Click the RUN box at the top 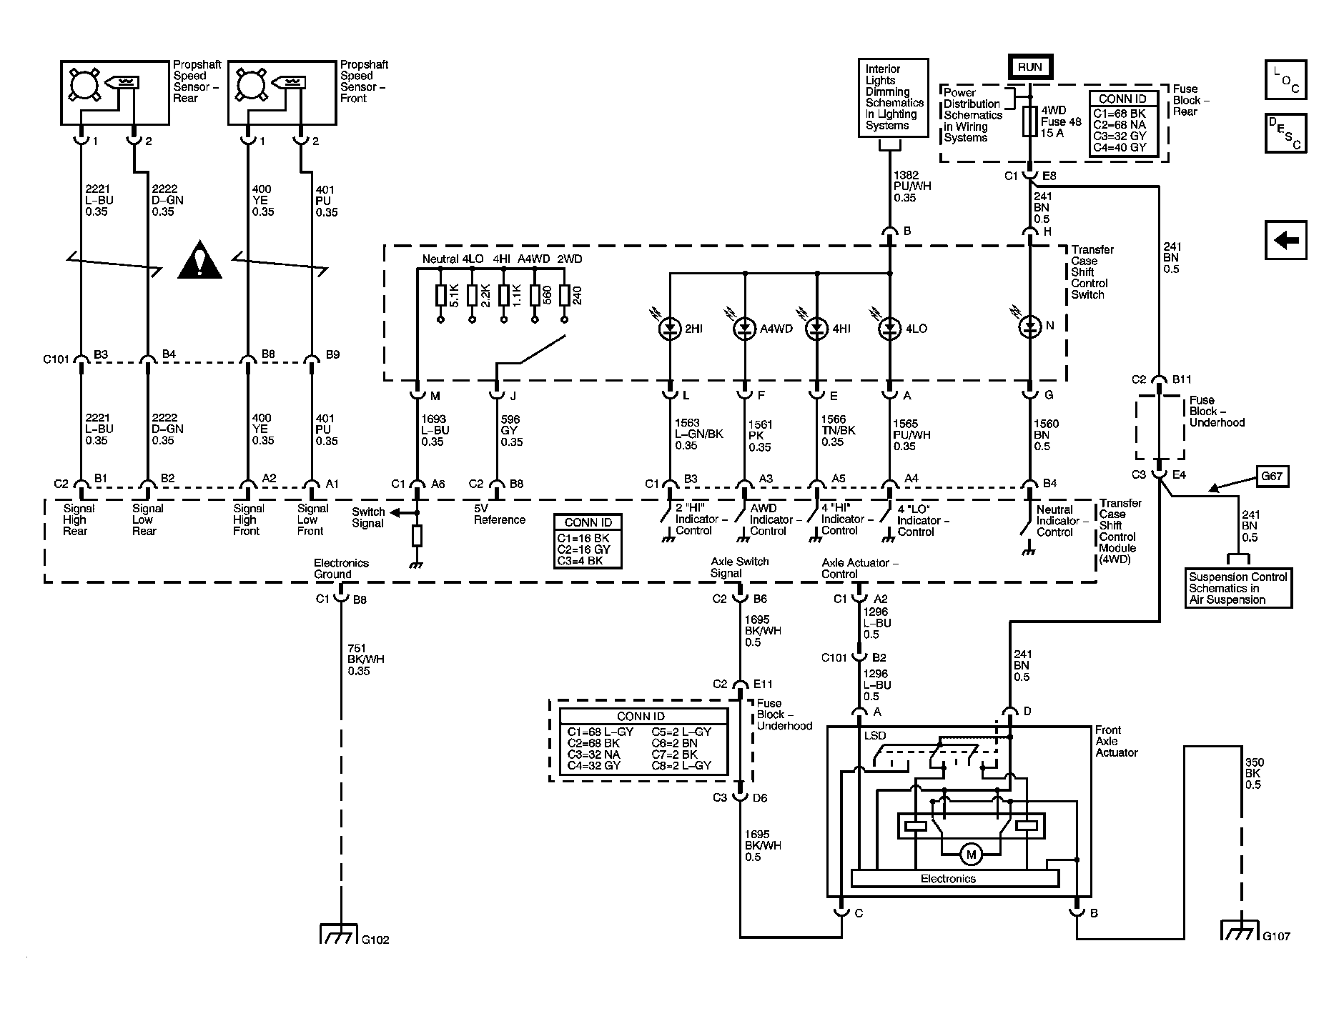1030,67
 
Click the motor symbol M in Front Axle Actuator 971,855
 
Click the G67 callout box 1272,476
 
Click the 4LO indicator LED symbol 890,329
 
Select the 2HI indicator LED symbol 670,329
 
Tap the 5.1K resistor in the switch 440,295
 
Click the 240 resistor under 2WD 565,295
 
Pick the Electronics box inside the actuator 948,879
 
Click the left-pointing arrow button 1285,240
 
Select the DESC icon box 1285,134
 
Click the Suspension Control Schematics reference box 1237,588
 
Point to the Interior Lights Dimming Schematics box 893,97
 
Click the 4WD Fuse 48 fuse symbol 1030,121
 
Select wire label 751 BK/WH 365,659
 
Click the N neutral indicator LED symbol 1030,327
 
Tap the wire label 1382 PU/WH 911,186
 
